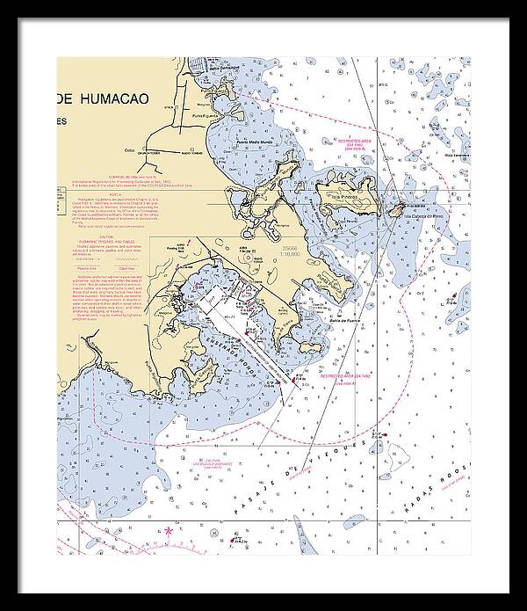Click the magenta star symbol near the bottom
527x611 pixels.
(169, 531)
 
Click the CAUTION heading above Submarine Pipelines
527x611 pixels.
(107, 237)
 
